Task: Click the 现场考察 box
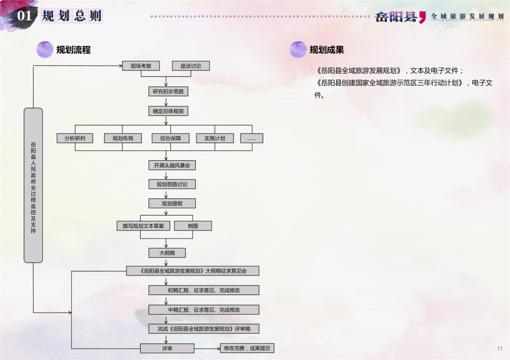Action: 141,66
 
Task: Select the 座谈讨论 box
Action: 191,66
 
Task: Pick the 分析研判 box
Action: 75,138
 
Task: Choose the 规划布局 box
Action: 123,138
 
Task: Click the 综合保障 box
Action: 170,138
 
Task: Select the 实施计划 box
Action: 215,138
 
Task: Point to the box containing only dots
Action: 252,138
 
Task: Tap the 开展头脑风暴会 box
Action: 172,165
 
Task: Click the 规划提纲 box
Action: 172,203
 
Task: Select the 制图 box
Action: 193,226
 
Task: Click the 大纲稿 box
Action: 167,253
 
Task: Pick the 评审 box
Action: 167,348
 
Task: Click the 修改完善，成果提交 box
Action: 247,348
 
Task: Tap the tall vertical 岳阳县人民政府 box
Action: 33,185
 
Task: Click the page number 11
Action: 499,349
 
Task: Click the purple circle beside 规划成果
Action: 298,49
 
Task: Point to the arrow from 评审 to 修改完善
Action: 207,348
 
